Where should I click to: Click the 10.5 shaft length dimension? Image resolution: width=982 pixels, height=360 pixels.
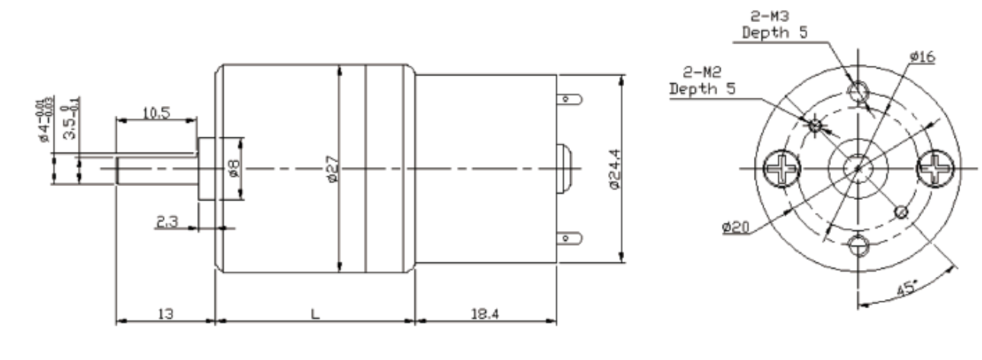pyautogui.click(x=156, y=111)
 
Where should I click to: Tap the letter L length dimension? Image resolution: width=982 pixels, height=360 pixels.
pyautogui.click(x=314, y=313)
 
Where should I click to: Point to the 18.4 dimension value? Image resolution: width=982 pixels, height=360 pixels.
pyautogui.click(x=485, y=313)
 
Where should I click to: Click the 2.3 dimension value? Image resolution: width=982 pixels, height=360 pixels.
pyautogui.click(x=167, y=221)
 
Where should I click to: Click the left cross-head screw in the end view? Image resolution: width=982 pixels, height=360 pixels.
pyautogui.click(x=782, y=166)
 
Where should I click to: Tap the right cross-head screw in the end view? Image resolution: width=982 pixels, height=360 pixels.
pyautogui.click(x=934, y=166)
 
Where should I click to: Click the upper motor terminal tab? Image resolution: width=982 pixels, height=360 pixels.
pyautogui.click(x=571, y=99)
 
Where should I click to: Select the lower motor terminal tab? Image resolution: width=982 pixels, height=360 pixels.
pyautogui.click(x=571, y=238)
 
